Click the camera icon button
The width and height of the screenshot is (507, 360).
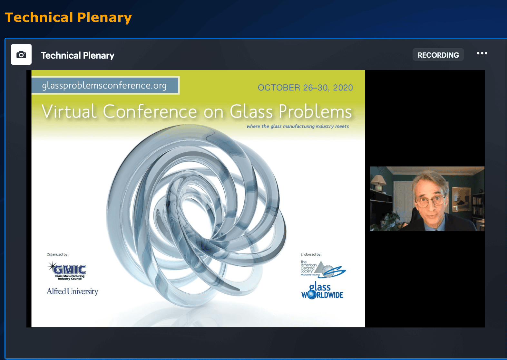[x=21, y=54]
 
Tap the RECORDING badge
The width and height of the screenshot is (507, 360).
[x=438, y=55]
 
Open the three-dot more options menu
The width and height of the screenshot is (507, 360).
[x=482, y=53]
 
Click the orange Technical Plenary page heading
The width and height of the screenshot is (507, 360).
[x=68, y=18]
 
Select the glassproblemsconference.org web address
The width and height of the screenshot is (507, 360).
[x=104, y=85]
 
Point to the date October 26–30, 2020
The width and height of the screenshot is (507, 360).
[x=305, y=88]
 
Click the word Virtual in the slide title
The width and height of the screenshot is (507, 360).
[x=69, y=111]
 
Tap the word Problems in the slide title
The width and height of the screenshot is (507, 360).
[x=315, y=111]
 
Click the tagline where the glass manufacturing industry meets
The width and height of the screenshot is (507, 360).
[x=297, y=126]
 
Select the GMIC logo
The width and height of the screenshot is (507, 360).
[x=67, y=271]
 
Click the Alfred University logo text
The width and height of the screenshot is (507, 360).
[x=73, y=291]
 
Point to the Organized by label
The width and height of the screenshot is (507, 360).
[x=57, y=254]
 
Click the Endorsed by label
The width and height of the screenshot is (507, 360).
[x=311, y=254]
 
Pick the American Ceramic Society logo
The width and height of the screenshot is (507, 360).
[x=323, y=269]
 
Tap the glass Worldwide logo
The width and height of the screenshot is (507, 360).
[x=322, y=290]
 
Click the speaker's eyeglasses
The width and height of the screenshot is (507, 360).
[x=430, y=201]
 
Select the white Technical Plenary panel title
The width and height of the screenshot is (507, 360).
[x=78, y=55]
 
